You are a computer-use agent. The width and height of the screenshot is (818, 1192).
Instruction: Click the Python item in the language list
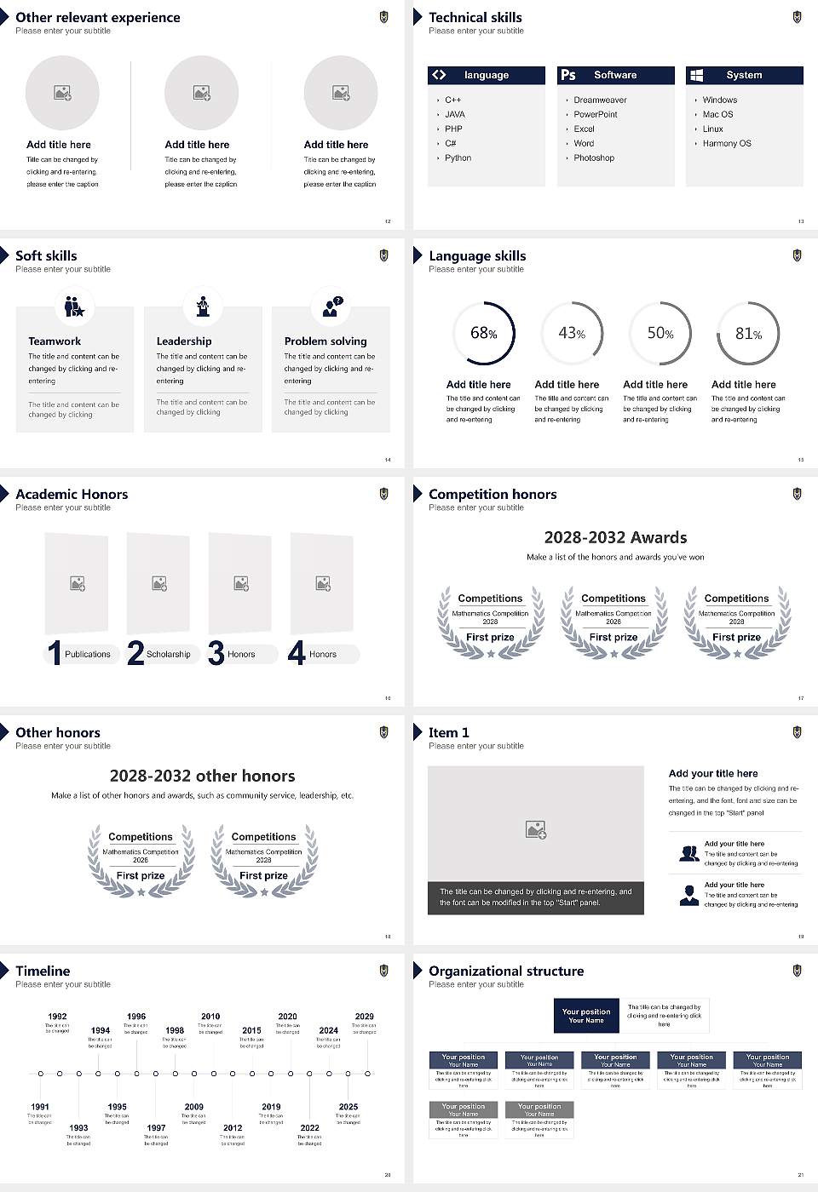458,158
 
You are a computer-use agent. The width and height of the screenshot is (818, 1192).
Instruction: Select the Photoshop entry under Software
593,158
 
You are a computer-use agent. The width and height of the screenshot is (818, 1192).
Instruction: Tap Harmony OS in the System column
727,143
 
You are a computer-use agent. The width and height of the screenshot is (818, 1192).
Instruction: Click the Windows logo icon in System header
696,75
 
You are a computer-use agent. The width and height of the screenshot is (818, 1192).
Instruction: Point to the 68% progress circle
484,333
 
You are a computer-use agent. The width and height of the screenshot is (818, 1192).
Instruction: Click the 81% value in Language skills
748,334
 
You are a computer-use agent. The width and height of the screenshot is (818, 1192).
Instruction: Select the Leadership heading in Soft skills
184,341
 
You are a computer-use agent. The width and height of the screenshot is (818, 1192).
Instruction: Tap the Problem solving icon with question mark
331,307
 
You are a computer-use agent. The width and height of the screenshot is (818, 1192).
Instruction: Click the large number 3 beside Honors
216,653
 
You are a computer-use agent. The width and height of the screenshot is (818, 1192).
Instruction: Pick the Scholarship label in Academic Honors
168,654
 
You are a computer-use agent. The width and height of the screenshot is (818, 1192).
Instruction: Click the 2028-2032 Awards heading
615,537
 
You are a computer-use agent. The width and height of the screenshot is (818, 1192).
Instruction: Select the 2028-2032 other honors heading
202,776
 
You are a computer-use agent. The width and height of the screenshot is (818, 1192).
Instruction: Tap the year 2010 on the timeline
210,1016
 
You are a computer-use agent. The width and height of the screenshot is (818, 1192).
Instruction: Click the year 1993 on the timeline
78,1127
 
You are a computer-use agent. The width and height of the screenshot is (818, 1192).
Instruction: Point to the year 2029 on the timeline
364,1016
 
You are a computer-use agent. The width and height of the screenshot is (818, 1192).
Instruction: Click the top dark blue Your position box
586,1016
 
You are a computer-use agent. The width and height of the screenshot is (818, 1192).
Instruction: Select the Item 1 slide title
448,732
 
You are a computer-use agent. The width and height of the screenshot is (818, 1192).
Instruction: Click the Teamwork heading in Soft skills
55,341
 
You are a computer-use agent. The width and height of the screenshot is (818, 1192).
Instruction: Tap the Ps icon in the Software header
568,75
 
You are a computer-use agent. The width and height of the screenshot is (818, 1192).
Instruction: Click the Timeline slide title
43,971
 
